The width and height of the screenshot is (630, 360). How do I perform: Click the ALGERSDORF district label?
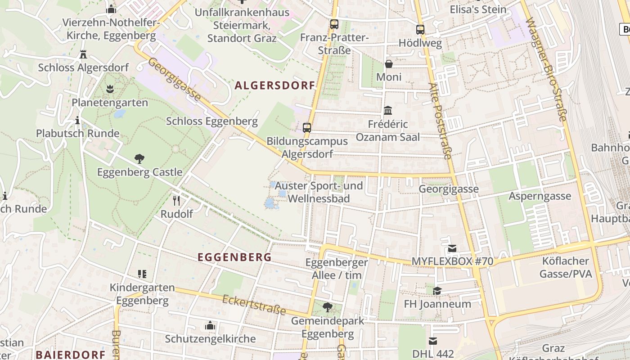click(274, 85)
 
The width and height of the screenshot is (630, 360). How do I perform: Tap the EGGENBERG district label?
click(234, 257)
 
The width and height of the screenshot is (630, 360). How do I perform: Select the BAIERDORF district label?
click(70, 354)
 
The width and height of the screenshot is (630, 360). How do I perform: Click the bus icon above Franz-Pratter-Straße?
click(334, 24)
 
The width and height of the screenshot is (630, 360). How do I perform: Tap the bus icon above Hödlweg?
click(420, 30)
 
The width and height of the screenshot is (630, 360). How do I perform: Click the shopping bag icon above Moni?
click(388, 64)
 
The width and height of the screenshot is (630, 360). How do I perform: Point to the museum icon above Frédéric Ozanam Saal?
click(387, 111)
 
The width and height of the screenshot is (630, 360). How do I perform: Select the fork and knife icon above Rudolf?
click(176, 201)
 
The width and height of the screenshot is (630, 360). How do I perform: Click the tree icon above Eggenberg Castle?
click(139, 158)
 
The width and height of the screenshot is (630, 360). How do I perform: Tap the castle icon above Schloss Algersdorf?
click(83, 54)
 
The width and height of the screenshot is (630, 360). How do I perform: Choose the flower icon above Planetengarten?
click(110, 89)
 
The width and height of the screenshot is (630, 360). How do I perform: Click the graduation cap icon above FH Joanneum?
click(437, 291)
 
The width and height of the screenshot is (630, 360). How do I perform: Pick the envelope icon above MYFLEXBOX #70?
click(452, 248)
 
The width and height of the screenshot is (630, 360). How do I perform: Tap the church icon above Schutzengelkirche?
click(210, 325)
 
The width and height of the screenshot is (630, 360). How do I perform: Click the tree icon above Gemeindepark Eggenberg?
click(327, 307)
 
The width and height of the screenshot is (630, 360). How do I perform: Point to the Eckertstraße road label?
click(254, 305)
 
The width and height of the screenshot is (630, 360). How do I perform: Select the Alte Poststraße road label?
click(440, 121)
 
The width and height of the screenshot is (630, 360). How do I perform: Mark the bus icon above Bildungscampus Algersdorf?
click(307, 128)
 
